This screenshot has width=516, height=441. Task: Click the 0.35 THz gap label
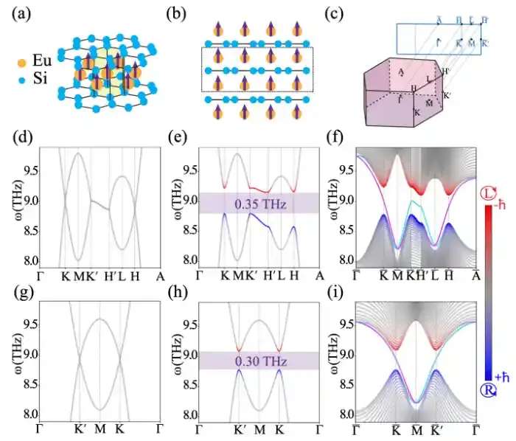point(259,202)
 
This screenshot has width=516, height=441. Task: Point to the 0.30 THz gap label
point(259,361)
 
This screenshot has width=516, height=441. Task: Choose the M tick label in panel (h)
point(259,428)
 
